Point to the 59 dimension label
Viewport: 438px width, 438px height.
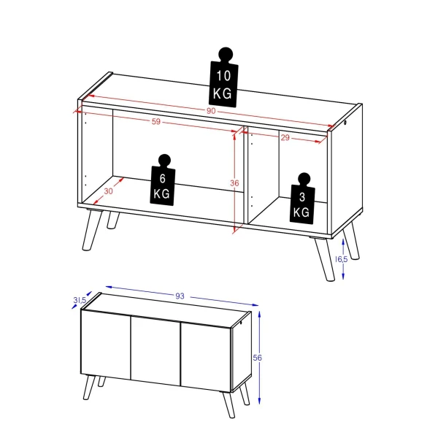[155, 122]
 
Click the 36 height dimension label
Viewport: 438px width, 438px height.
[234, 184]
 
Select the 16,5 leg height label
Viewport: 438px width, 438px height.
[341, 259]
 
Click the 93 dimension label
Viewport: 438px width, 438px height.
[180, 296]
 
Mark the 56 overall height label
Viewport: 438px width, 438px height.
[257, 357]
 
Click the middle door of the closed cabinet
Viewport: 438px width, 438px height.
[155, 350]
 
